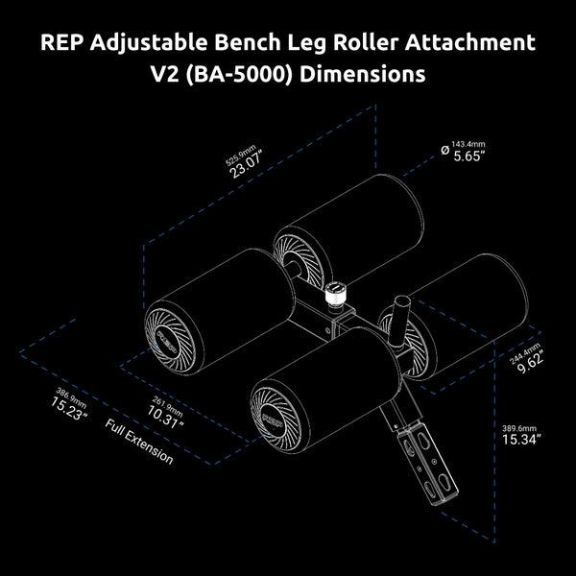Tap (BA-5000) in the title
pyautogui.click(x=239, y=76)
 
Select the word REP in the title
pyautogui.click(x=60, y=43)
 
